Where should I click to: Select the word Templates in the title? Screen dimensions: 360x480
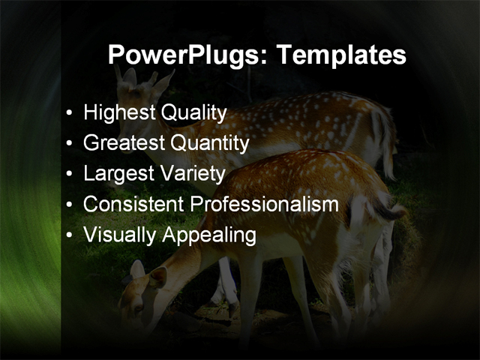pyautogui.click(x=341, y=55)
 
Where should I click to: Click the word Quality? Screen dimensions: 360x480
pyautogui.click(x=192, y=113)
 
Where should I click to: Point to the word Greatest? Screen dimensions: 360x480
pyautogui.click(x=124, y=143)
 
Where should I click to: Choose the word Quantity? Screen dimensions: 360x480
pyautogui.click(x=210, y=143)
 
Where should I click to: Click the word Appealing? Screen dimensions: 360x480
pyautogui.click(x=208, y=235)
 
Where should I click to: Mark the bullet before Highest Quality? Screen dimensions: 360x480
pyautogui.click(x=70, y=114)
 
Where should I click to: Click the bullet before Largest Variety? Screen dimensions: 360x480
pyautogui.click(x=70, y=175)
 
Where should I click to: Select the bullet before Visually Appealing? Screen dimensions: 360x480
pyautogui.click(x=70, y=235)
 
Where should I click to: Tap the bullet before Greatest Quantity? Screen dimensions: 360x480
pyautogui.click(x=70, y=144)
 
